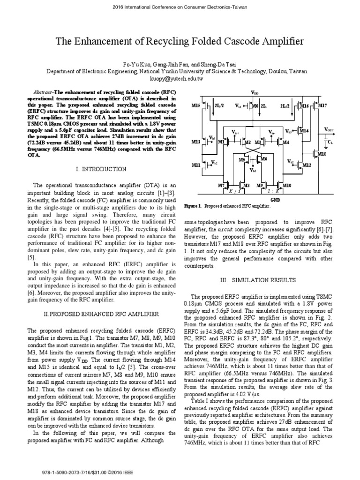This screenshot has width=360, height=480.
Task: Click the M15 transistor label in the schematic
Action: pyautogui.click(x=196, y=106)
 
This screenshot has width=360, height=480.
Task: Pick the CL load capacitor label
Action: pyautogui.click(x=330, y=142)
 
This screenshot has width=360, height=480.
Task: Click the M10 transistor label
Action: pyautogui.click(x=287, y=186)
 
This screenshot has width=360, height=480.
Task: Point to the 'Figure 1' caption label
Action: pyautogui.click(x=193, y=206)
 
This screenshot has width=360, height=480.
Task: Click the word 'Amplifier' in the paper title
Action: pyautogui.click(x=279, y=42)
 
